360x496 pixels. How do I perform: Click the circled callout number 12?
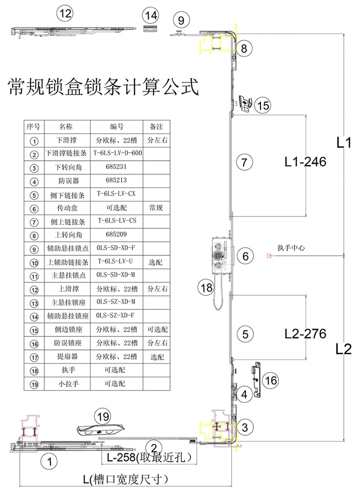(x=65, y=14)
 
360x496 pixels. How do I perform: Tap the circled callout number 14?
(x=151, y=16)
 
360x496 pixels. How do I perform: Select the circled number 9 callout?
(x=181, y=20)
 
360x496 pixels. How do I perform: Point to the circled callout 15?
(x=263, y=105)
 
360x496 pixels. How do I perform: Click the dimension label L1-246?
(x=305, y=162)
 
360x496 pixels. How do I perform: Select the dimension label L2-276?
(x=305, y=334)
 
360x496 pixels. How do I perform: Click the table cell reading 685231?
(x=117, y=167)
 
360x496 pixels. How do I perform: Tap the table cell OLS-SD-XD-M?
(x=116, y=275)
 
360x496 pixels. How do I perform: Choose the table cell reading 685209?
(x=117, y=234)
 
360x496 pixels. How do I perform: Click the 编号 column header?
(x=117, y=126)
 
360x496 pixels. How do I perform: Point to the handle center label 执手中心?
(x=291, y=248)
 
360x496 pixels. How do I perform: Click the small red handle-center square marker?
(x=269, y=256)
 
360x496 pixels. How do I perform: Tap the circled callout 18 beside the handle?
(x=206, y=288)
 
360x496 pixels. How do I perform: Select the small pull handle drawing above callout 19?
(x=101, y=429)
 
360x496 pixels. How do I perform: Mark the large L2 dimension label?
(x=343, y=349)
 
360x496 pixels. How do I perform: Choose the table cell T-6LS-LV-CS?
(x=117, y=221)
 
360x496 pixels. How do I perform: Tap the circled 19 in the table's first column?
(x=34, y=384)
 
